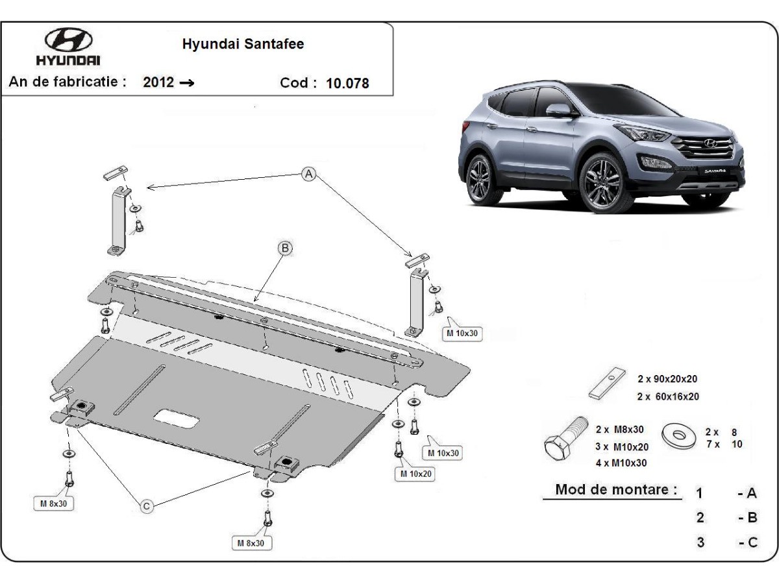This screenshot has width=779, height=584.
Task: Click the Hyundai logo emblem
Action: tap(68, 41)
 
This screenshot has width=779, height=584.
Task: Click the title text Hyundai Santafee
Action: tap(243, 44)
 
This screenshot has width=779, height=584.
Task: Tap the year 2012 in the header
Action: tap(158, 82)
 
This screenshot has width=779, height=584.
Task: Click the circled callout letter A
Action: tap(309, 174)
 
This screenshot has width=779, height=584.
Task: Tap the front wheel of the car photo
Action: tap(602, 182)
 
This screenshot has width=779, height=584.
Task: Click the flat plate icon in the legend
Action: tap(606, 383)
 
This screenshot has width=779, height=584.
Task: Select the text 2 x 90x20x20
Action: tap(667, 379)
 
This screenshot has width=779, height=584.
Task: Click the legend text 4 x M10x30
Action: tap(621, 463)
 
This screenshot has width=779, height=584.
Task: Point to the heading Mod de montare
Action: tap(612, 489)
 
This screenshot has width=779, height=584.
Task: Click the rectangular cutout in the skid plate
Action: tap(177, 418)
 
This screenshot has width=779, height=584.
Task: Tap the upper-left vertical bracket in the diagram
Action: tap(117, 218)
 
